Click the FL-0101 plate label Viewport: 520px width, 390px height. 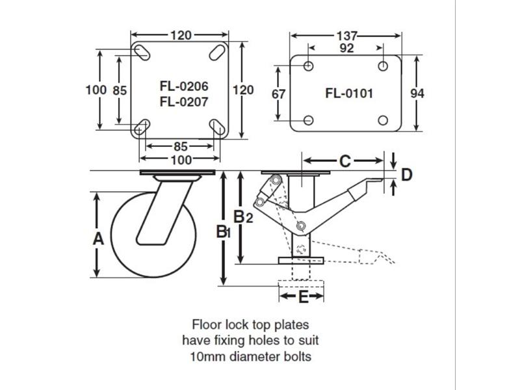coord(348,93)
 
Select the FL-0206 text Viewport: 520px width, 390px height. coord(179,85)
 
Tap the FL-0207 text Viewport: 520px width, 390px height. coord(179,101)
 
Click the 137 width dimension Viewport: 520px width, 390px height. coord(346,35)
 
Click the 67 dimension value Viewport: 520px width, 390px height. coord(278,94)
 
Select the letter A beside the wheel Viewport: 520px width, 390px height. coord(98,239)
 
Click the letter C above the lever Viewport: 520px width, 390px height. coord(345,159)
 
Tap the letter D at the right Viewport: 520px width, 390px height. coord(407,174)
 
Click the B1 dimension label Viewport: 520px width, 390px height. coord(223,231)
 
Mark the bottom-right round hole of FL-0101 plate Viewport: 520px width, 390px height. coord(383,120)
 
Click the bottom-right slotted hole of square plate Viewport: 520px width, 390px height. coord(216,127)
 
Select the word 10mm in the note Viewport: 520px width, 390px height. coord(208,356)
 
